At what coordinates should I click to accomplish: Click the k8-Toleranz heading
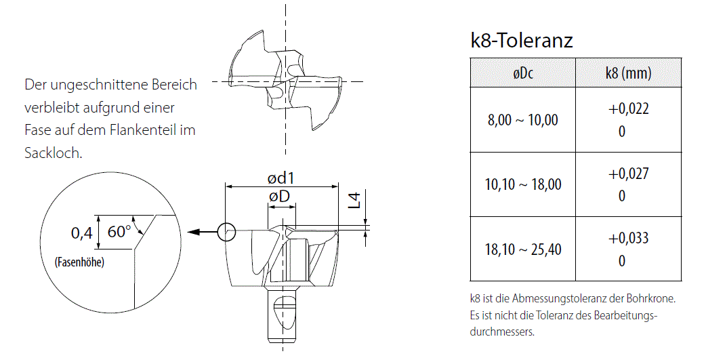click(x=522, y=40)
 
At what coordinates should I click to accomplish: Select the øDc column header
click(x=523, y=73)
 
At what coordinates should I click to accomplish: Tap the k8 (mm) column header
click(x=629, y=73)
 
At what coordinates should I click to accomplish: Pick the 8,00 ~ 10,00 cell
click(x=523, y=120)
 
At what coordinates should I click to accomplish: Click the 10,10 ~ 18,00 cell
click(x=523, y=184)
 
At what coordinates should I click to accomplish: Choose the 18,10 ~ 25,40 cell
click(x=523, y=249)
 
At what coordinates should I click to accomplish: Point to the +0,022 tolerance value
click(x=629, y=109)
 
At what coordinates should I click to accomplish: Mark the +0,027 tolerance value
click(x=629, y=174)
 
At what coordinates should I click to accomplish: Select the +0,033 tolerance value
click(x=629, y=238)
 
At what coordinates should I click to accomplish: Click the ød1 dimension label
click(x=281, y=178)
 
